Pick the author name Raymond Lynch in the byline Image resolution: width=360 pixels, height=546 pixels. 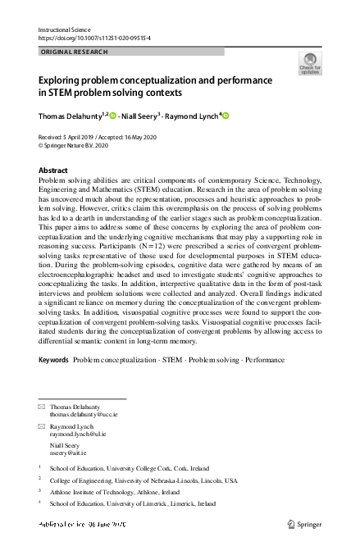pyautogui.click(x=203, y=116)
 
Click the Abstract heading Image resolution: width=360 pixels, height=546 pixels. pyautogui.click(x=53, y=171)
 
